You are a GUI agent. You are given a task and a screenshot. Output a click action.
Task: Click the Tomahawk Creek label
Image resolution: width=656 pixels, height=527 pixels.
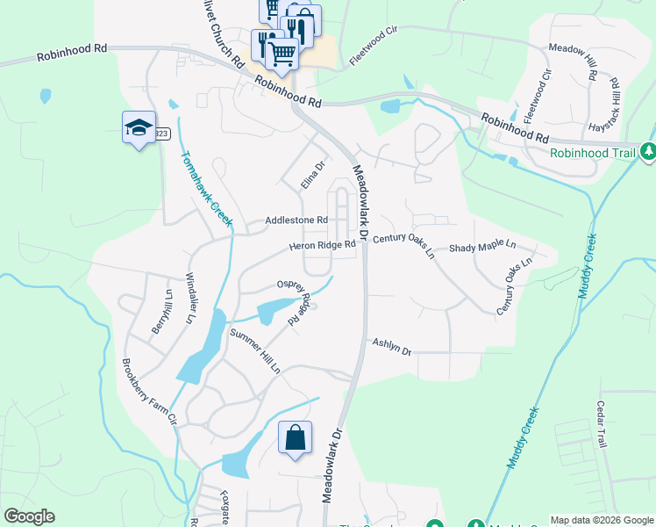coord(207,189)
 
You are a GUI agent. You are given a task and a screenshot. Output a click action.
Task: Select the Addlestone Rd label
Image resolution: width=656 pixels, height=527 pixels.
coord(296,220)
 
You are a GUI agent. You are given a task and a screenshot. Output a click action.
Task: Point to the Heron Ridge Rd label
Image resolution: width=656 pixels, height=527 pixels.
coord(324,246)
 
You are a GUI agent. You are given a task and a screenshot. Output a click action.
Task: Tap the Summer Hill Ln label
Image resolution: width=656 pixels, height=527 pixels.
coord(254,351)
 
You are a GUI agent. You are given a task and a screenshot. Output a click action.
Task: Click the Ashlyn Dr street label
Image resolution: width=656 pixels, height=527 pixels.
coord(391,347)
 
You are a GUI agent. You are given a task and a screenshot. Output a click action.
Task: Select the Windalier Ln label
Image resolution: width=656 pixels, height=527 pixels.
coord(189,300)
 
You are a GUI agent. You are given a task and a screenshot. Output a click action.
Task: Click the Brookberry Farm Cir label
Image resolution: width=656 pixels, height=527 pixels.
coord(149,392)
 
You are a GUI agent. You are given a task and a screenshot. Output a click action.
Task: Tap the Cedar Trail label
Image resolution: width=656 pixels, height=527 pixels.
coord(602,424)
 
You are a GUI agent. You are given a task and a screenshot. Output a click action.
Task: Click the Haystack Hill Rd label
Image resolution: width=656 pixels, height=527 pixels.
coord(616,104)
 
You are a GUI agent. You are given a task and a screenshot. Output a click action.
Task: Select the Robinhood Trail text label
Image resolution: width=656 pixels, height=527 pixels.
coord(593,152)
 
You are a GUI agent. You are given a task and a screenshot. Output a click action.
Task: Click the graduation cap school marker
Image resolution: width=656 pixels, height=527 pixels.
coord(139,128)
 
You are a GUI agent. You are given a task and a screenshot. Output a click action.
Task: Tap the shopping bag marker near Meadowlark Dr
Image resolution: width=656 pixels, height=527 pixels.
coord(295,437)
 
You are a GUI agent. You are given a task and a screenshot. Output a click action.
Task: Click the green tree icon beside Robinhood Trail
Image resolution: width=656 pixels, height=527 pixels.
coord(648,152)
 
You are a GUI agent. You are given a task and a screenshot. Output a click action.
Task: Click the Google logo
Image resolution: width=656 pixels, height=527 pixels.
coord(29,516)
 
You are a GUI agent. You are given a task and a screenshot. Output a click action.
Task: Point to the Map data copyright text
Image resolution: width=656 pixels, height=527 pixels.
coord(602,520)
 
